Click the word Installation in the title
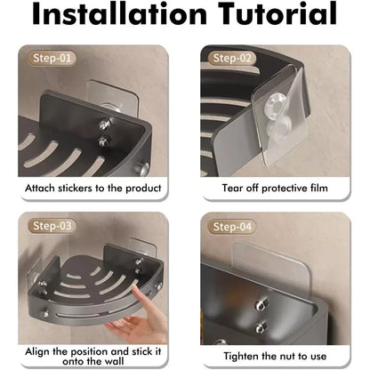point(119,13)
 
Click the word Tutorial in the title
point(277,13)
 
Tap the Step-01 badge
point(52,58)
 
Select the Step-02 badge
point(232,58)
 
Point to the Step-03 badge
point(52,226)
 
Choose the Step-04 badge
point(232,227)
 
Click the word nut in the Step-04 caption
point(287,357)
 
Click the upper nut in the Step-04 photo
point(261,305)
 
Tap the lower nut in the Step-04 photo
point(261,328)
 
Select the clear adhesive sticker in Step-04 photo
point(271,269)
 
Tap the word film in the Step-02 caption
point(319,188)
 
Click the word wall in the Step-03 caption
point(115,361)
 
